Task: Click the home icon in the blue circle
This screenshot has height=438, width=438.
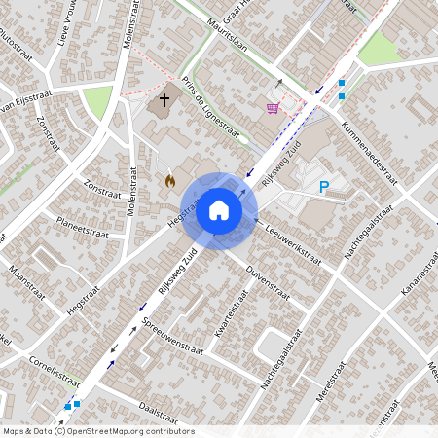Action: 219,210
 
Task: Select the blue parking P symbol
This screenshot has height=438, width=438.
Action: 324,187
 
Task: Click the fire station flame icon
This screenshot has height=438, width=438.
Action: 169,181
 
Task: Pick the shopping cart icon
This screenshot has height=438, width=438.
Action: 273,108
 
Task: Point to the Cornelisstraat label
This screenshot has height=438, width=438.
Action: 53,375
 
